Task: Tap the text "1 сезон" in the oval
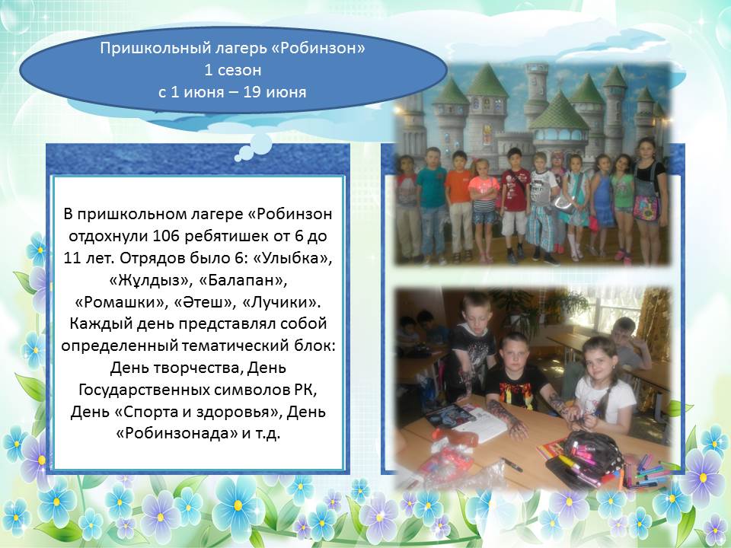pos(233,70)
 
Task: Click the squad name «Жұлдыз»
pos(151,281)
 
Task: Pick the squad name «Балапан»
pos(242,281)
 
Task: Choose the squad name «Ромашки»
pos(121,302)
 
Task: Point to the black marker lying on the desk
pos(512,464)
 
